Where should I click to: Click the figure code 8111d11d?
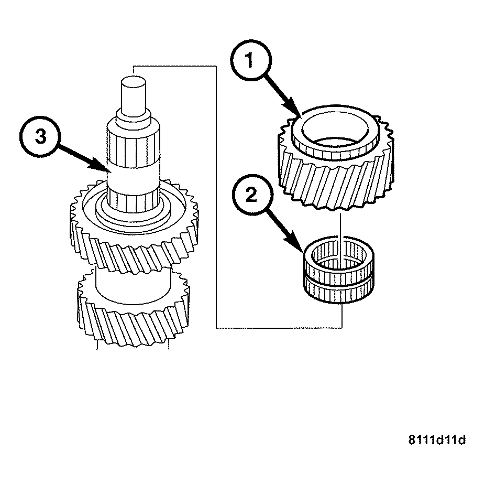click(x=437, y=439)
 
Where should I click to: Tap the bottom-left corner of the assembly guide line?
click(x=216, y=328)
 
